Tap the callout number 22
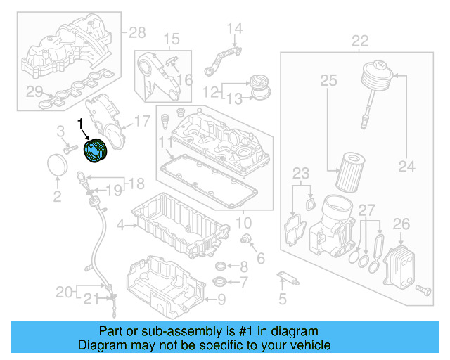[359, 40]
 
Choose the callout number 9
[222, 301]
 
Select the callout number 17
[142, 121]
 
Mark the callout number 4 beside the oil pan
[121, 226]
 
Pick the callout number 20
[64, 291]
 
